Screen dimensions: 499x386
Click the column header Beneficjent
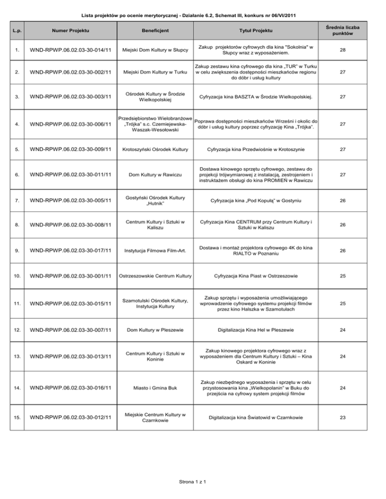point(155,31)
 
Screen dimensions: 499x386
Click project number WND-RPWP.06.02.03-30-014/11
point(70,50)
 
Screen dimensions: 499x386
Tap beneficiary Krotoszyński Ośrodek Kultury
point(155,149)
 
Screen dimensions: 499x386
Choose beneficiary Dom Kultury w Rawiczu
point(155,175)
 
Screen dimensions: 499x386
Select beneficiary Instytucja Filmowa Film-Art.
point(155,251)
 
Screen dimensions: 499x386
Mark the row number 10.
point(17,276)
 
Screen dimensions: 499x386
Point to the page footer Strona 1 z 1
point(193,483)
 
